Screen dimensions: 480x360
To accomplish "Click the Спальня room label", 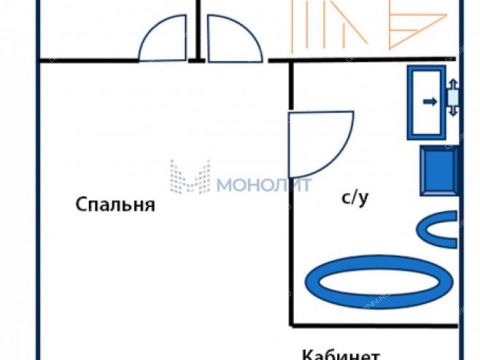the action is click(115, 205).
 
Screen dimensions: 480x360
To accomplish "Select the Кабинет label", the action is click(340, 352).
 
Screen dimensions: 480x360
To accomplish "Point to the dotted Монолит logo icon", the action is click(189, 177).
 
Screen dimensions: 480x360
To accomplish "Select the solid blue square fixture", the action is click(438, 170).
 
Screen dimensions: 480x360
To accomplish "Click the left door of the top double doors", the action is click(161, 39).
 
